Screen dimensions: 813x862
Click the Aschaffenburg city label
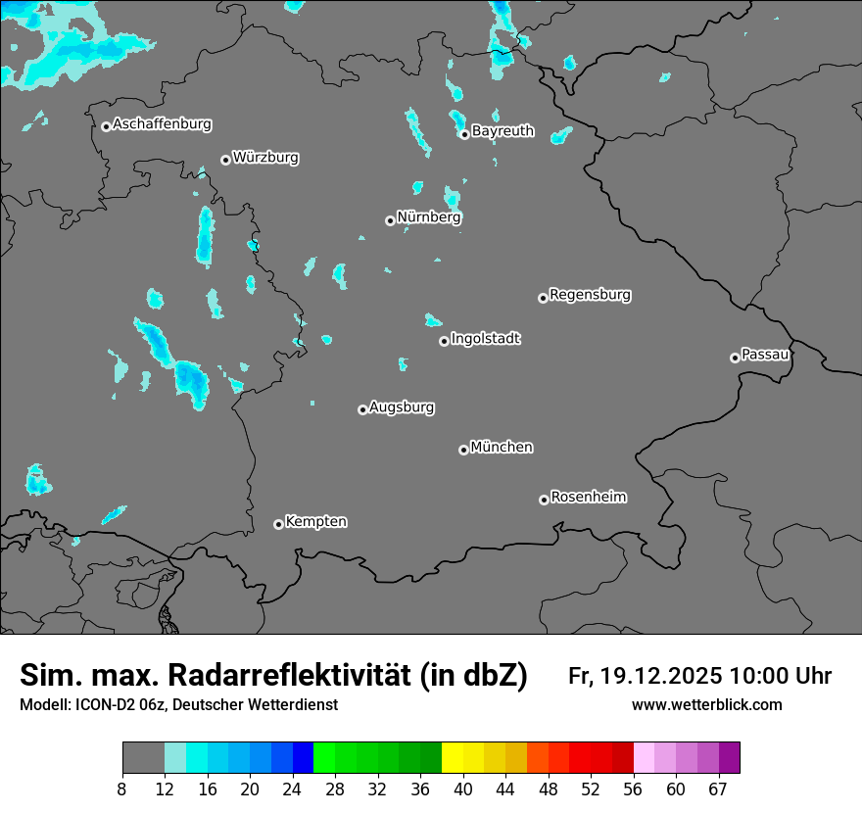(162, 124)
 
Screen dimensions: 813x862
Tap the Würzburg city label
(265, 158)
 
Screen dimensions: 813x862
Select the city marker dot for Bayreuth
(464, 134)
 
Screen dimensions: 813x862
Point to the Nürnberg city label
(429, 217)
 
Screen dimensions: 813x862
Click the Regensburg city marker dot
(543, 298)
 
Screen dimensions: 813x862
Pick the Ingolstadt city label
(486, 339)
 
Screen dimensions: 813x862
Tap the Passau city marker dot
(735, 358)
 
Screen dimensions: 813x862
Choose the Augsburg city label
(402, 407)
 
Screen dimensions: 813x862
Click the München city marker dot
(463, 451)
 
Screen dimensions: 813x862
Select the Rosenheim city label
(588, 498)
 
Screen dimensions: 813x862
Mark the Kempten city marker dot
(278, 525)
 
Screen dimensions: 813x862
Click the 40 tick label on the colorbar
(462, 789)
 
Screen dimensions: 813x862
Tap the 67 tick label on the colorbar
(718, 789)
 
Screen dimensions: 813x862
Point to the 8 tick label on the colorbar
(122, 789)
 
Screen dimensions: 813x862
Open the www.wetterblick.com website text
(706, 705)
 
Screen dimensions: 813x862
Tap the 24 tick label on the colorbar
(292, 789)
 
